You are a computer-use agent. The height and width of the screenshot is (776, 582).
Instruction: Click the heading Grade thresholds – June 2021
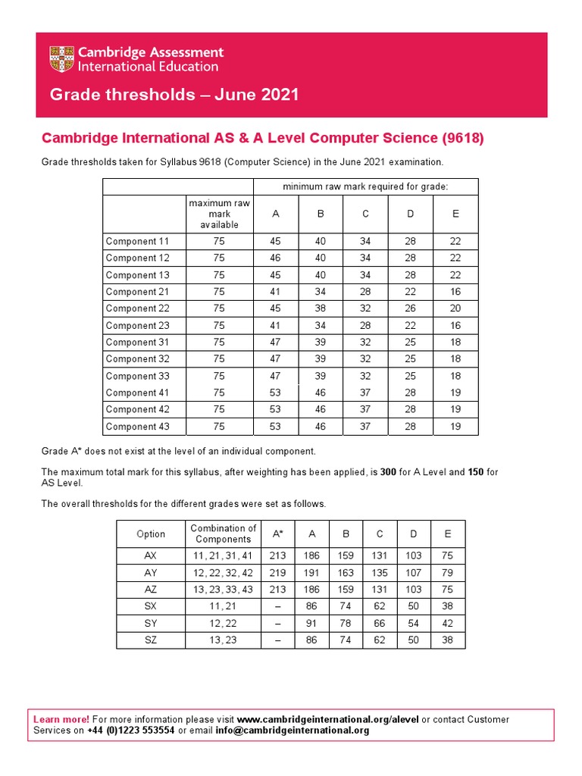point(174,95)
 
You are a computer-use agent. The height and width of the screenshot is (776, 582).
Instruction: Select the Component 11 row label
point(137,242)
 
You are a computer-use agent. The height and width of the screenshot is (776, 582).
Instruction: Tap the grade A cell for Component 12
point(275,258)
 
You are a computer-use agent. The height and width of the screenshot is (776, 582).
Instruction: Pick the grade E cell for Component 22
point(455,308)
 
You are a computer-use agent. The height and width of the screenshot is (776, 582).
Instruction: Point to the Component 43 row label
point(137,427)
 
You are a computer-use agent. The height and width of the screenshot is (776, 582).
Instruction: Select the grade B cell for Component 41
point(320,393)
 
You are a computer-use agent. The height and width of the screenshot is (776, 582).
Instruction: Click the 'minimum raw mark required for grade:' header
point(365,186)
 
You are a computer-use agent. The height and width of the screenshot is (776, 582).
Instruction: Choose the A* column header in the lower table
point(278,533)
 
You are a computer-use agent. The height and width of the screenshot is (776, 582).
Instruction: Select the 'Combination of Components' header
point(223,533)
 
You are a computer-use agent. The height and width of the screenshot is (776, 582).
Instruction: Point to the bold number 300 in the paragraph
point(388,472)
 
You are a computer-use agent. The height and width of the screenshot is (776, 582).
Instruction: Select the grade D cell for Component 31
point(410,342)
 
